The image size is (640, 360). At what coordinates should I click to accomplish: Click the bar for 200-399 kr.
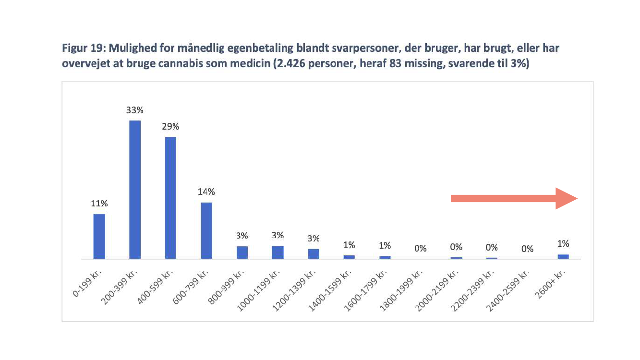point(135,190)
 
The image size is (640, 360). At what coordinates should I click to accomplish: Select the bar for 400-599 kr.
point(170,198)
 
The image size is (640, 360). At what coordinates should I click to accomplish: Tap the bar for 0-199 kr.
point(99,236)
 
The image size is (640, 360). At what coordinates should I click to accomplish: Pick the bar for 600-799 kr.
point(206,230)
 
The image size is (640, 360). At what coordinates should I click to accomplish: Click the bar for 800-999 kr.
point(242,252)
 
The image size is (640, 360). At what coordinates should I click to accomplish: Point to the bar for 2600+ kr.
point(563,256)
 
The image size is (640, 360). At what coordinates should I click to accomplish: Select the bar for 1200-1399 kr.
point(314,253)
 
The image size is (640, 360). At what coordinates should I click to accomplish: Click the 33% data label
point(135,110)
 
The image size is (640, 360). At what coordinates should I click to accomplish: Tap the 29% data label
point(170,127)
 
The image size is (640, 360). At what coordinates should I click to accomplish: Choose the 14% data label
point(206,192)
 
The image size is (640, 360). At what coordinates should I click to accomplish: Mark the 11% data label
point(99,204)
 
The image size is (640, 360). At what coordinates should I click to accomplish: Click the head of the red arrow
point(566,199)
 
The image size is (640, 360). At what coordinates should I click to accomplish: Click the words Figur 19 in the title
point(80,49)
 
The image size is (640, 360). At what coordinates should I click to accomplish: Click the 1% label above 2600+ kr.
point(563,244)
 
